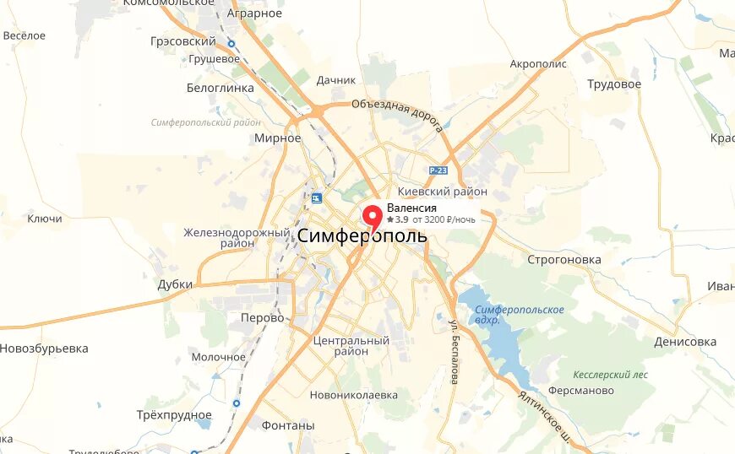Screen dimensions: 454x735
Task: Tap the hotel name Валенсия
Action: pyautogui.click(x=411, y=208)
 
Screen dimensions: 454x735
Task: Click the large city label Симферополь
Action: pyautogui.click(x=362, y=237)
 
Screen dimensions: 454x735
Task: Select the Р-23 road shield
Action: pyautogui.click(x=437, y=170)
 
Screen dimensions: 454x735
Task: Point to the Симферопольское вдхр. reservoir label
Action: pyautogui.click(x=520, y=315)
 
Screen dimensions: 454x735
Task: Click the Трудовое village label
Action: pyautogui.click(x=614, y=84)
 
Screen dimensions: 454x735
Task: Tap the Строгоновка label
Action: pyautogui.click(x=563, y=259)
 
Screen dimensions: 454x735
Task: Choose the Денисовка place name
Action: pyautogui.click(x=684, y=342)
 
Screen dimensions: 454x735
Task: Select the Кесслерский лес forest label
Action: pyautogui.click(x=610, y=373)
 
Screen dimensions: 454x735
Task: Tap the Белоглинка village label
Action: pyautogui.click(x=220, y=87)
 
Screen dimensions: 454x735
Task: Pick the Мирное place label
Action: pyautogui.click(x=277, y=138)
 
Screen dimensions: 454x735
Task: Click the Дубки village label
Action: pyautogui.click(x=175, y=284)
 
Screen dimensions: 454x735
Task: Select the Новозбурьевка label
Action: pyautogui.click(x=44, y=349)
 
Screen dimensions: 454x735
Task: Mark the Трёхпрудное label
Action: pyautogui.click(x=174, y=414)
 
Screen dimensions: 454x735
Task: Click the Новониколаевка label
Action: pyautogui.click(x=353, y=394)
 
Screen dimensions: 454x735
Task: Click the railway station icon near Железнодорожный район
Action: pyautogui.click(x=317, y=198)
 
